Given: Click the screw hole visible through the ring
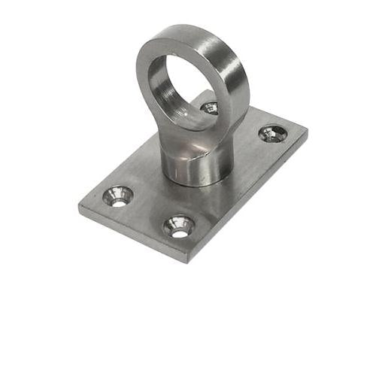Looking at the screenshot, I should [209, 108].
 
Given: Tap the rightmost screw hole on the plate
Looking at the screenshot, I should [272, 134].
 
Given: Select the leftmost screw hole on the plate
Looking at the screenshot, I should [118, 196].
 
